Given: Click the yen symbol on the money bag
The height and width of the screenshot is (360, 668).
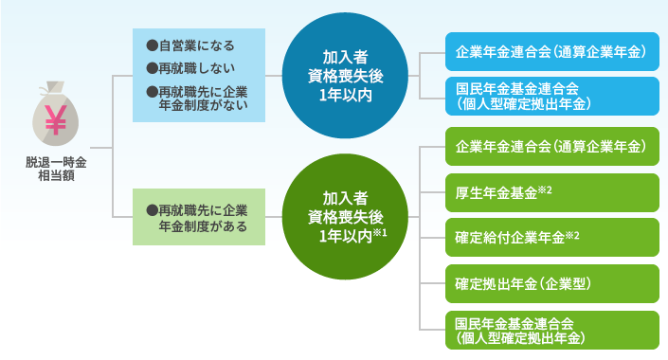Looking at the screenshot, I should [x=54, y=121].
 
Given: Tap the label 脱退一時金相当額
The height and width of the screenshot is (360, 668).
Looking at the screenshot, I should [x=54, y=169].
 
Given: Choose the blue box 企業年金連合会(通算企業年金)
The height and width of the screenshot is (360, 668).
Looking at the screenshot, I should [x=551, y=51].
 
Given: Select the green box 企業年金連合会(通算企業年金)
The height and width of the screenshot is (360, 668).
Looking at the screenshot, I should [x=551, y=146].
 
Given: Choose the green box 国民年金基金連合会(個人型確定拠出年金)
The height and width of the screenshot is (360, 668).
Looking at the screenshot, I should [x=551, y=327].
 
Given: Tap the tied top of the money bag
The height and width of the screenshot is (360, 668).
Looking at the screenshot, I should [x=53, y=91].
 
